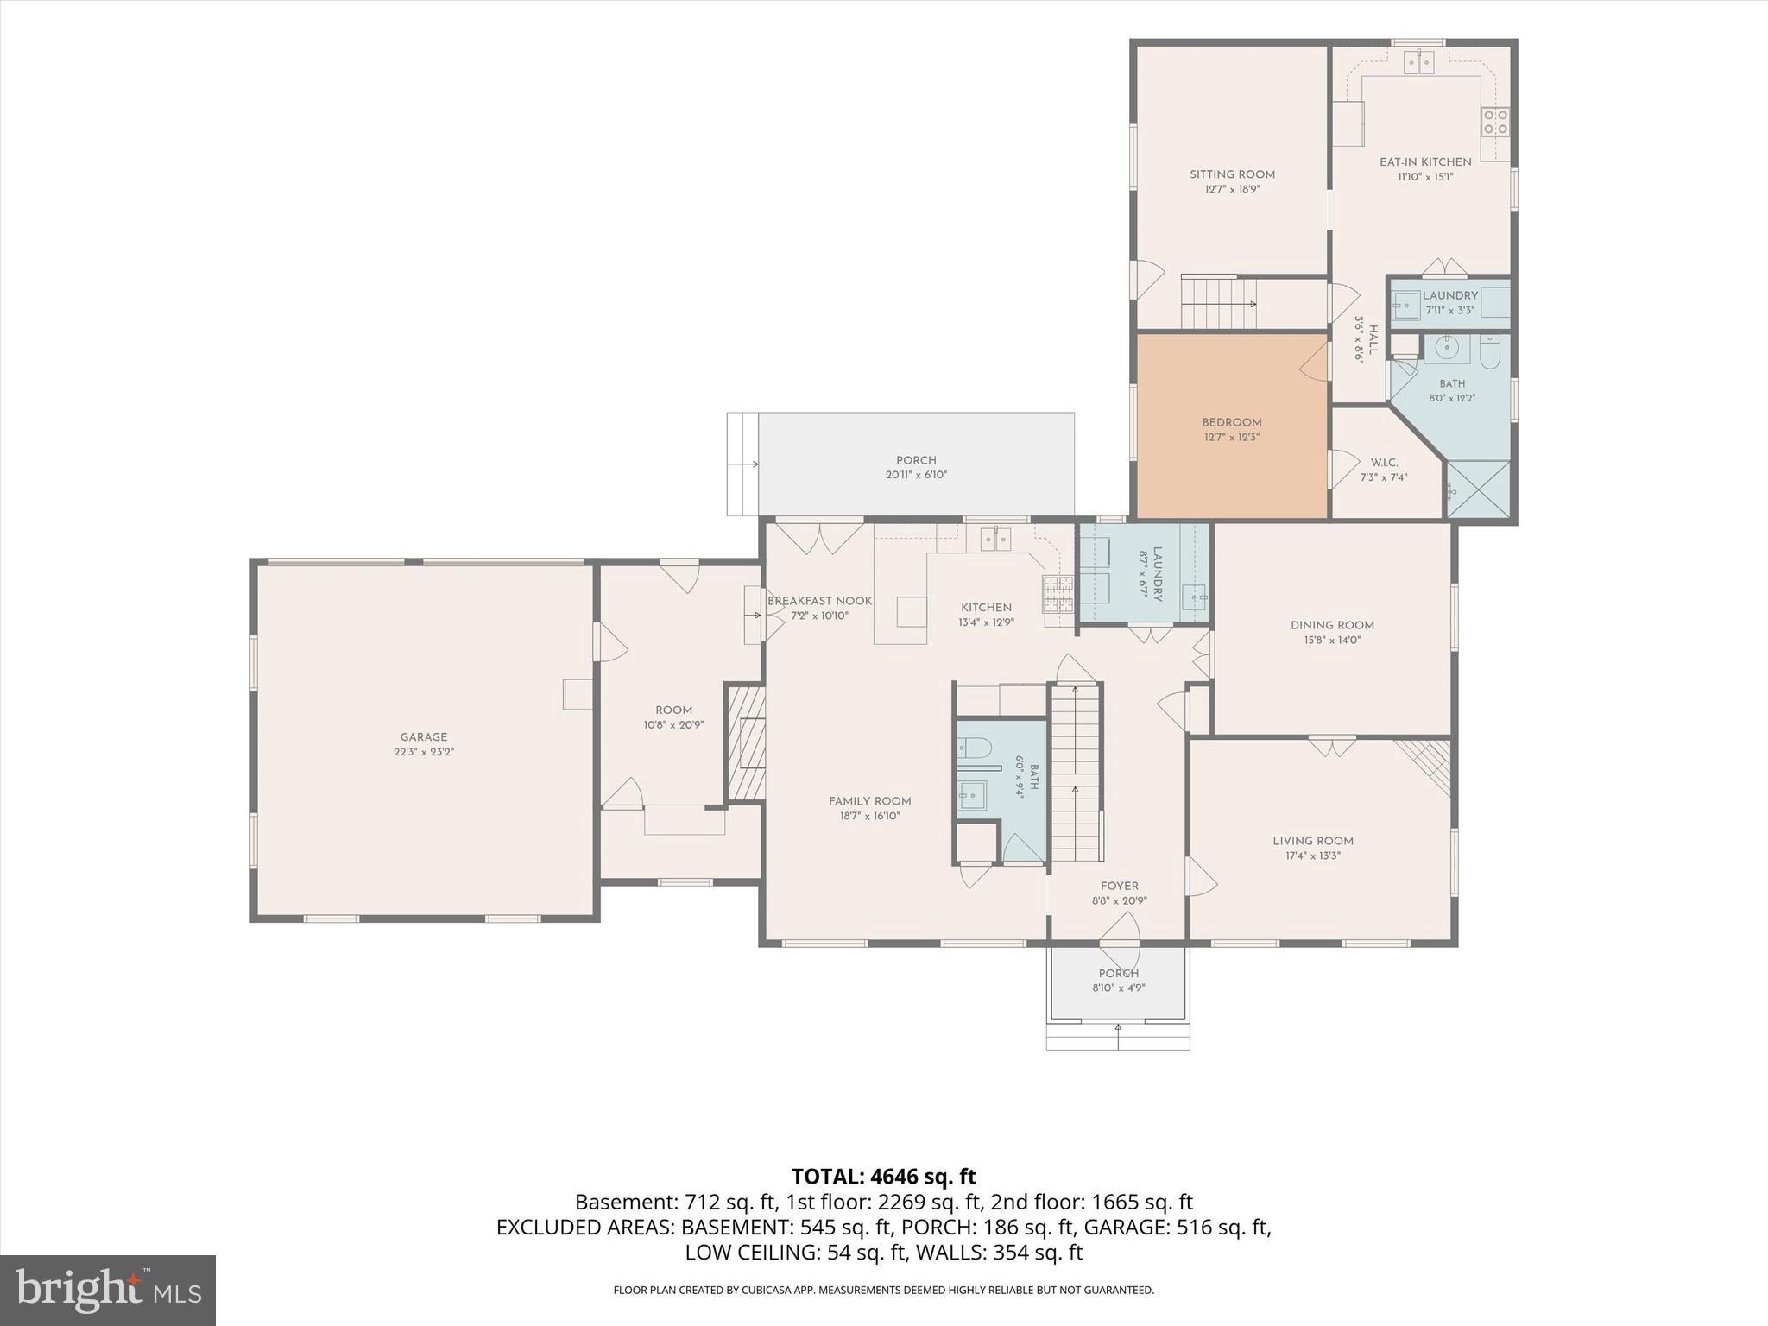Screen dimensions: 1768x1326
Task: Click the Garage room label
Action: pyautogui.click(x=423, y=737)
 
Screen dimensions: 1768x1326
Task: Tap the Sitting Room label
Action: pyautogui.click(x=1232, y=174)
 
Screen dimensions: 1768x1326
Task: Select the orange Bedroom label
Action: pyautogui.click(x=1232, y=422)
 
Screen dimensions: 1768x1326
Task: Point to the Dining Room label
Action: pyautogui.click(x=1332, y=625)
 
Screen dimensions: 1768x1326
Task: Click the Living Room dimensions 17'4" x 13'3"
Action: pyautogui.click(x=1313, y=856)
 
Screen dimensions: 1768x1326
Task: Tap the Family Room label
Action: pyautogui.click(x=869, y=801)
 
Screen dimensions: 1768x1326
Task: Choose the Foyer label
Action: pyautogui.click(x=1119, y=886)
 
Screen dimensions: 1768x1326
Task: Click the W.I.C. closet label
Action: pyautogui.click(x=1384, y=463)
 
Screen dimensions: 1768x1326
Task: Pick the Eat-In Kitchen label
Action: pyautogui.click(x=1425, y=161)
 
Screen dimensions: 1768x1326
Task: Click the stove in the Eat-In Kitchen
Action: pyautogui.click(x=1495, y=122)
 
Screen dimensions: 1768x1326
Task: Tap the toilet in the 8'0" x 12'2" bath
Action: pyautogui.click(x=1490, y=352)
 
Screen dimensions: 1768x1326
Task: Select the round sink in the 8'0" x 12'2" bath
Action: pyautogui.click(x=1447, y=348)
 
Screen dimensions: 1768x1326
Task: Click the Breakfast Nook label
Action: pyautogui.click(x=819, y=601)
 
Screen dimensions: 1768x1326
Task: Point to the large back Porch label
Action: pyautogui.click(x=916, y=460)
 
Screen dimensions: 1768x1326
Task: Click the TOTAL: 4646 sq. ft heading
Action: pyautogui.click(x=884, y=1177)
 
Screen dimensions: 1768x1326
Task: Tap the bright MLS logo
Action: pyautogui.click(x=108, y=1291)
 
